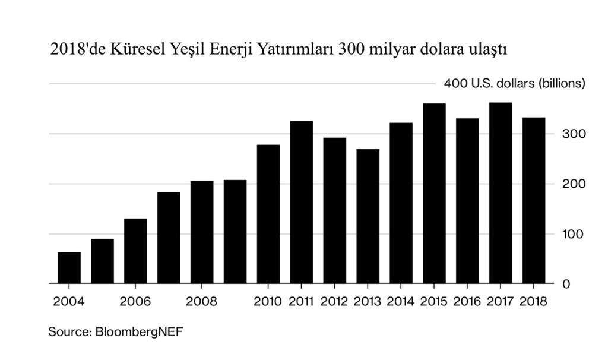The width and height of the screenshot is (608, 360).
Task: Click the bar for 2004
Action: (69, 268)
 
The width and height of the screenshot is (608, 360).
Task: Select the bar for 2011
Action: (302, 202)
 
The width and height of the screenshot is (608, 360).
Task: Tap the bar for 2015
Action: (434, 194)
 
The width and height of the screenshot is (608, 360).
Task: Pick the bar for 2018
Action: (534, 200)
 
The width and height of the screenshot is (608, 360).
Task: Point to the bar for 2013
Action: (368, 216)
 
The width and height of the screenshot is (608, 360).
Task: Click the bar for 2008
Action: (202, 232)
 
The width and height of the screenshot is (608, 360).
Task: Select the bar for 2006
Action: (135, 251)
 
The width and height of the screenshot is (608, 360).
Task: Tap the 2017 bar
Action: (501, 193)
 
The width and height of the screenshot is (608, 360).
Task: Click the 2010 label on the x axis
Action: (268, 301)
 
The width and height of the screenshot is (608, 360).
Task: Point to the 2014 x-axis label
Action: (401, 301)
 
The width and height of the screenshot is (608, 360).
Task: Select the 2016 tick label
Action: (467, 301)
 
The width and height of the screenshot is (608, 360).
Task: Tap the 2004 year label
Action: (68, 301)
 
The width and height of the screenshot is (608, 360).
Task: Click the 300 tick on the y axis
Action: (574, 134)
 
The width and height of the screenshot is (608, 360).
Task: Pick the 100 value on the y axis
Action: (574, 234)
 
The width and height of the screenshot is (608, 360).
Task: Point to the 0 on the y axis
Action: (566, 284)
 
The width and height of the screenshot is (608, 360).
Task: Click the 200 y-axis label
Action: (574, 184)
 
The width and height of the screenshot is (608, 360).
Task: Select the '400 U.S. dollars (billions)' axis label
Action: (515, 84)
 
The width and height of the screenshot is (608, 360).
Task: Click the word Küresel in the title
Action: (137, 49)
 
